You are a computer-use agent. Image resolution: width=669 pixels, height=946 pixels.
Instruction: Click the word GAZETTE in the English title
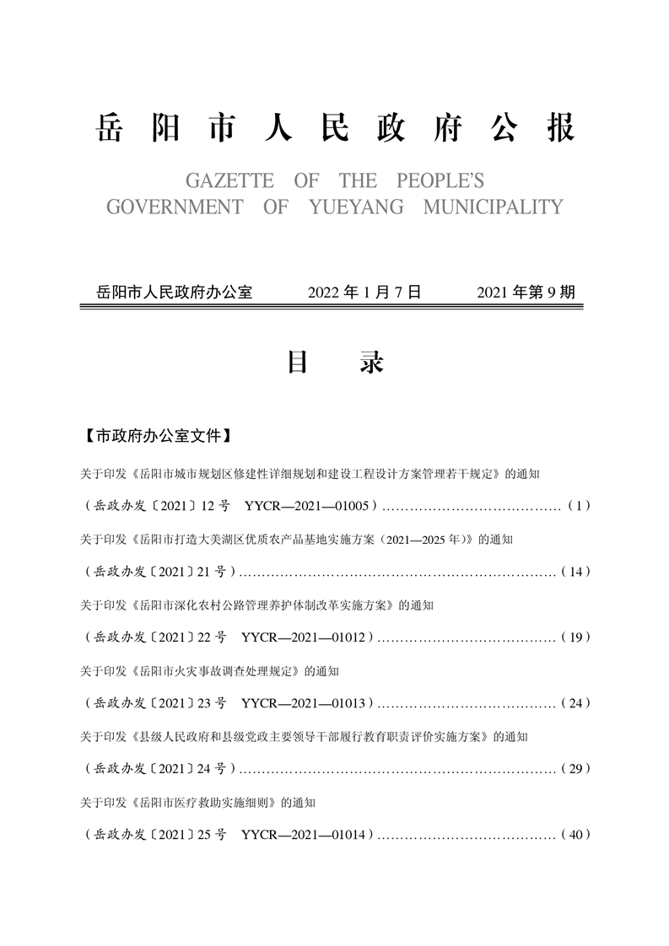point(219,181)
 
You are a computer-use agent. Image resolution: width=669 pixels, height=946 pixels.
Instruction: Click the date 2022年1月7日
point(364,293)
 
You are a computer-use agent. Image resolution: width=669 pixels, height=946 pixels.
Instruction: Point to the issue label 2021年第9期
point(526,293)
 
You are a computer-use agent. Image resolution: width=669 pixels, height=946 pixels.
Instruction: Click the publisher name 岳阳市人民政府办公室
point(175,293)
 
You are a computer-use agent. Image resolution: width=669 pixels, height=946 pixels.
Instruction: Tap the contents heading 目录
point(335,363)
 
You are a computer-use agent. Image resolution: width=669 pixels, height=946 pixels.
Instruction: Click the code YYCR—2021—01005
point(309,506)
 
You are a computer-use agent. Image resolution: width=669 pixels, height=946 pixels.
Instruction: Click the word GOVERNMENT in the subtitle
point(175,207)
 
